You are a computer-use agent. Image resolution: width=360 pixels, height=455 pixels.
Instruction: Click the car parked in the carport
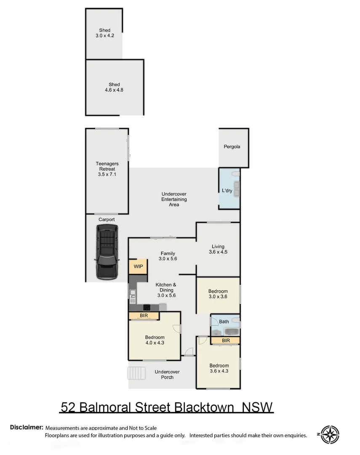click(x=107, y=252)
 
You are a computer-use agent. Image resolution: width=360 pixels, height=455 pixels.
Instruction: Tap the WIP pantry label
click(x=138, y=267)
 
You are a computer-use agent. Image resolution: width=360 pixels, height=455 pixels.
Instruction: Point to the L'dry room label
click(x=227, y=190)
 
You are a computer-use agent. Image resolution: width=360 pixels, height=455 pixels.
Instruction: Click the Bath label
click(x=224, y=322)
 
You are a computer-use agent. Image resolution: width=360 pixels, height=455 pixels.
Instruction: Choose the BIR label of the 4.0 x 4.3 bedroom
click(x=144, y=316)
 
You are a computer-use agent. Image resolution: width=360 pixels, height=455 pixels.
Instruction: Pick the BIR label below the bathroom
click(x=225, y=340)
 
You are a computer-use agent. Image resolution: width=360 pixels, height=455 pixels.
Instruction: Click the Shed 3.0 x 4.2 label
click(x=104, y=33)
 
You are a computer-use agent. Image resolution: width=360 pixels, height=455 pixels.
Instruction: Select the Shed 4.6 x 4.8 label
click(x=114, y=87)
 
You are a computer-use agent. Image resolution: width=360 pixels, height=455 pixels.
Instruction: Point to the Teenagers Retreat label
click(x=107, y=169)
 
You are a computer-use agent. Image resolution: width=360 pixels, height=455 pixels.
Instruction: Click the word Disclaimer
click(x=27, y=427)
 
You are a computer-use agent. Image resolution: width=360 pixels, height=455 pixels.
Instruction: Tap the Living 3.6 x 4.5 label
click(x=218, y=249)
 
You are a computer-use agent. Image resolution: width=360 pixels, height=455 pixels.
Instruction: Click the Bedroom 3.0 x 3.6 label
click(x=218, y=294)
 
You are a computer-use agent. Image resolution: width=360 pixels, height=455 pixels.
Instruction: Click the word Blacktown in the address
click(x=204, y=407)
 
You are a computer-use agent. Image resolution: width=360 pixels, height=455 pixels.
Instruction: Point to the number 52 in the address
click(x=69, y=407)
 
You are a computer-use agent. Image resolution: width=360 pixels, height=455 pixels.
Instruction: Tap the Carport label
click(x=107, y=219)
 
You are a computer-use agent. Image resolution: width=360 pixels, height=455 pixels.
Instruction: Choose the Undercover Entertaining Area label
click(x=174, y=199)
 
